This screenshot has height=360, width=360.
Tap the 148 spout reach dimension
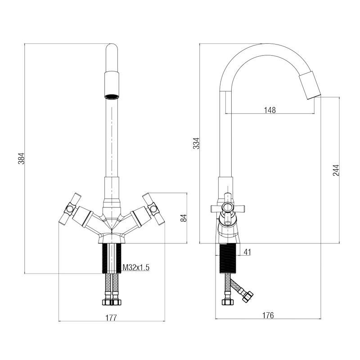point(270,109)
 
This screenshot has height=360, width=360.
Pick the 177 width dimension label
point(111,318)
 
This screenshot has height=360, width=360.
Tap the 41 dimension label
point(247,252)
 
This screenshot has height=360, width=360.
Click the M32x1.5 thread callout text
point(136,268)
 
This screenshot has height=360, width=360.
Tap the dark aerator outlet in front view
point(112,95)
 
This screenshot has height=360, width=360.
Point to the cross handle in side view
point(228,208)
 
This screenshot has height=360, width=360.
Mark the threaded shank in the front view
point(112,259)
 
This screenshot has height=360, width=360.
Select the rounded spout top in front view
point(112,49)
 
